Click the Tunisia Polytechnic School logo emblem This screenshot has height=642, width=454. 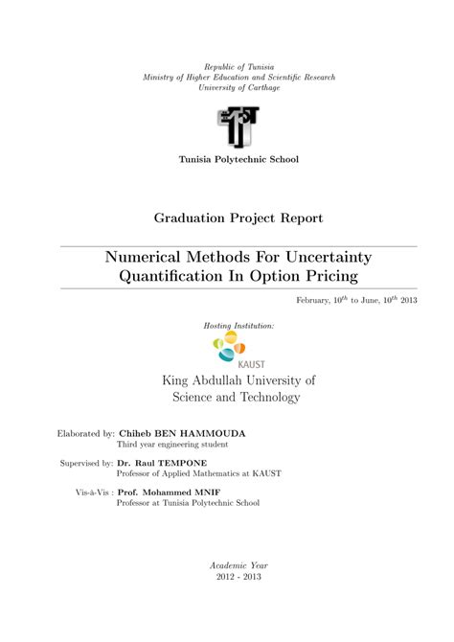(238, 126)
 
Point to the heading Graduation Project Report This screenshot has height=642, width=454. (238, 218)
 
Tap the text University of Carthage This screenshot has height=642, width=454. (238, 87)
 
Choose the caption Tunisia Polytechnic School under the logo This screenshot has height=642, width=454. (238, 158)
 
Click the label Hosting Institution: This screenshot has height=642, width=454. (238, 326)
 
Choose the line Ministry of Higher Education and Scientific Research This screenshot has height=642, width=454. (238, 76)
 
